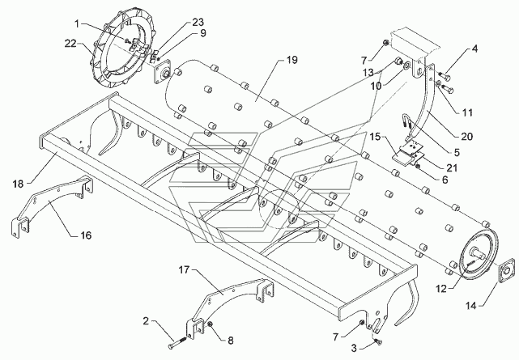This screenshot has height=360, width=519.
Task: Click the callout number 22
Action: [x=70, y=44]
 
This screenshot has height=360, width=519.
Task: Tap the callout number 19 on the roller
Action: [x=292, y=60]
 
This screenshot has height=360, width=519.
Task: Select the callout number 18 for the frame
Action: [x=18, y=184]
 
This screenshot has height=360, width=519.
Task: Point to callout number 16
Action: [x=86, y=235]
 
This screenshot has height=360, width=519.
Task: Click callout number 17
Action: [x=184, y=270]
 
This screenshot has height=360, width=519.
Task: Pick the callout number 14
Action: [x=471, y=306]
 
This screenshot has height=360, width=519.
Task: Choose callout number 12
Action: [x=441, y=289]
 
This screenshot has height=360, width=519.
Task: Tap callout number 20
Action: [x=467, y=136]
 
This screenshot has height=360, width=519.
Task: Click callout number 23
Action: [x=198, y=23]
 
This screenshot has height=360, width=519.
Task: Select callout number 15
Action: [x=375, y=137]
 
